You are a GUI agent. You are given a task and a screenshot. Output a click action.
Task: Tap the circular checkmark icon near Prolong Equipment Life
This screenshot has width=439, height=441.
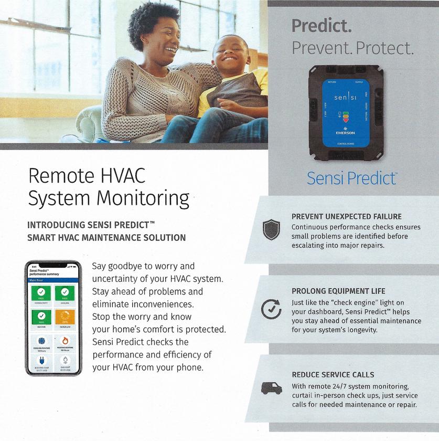tap(271, 309)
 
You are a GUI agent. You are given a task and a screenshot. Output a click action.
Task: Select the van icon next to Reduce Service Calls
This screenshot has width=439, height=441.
tap(271, 389)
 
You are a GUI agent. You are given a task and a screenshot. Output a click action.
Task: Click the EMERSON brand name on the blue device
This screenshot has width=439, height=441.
tap(345, 133)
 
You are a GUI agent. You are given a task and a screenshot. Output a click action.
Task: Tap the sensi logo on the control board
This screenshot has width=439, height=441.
tap(345, 98)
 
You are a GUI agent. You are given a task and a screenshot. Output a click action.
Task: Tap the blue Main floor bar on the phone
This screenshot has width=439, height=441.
tap(53, 280)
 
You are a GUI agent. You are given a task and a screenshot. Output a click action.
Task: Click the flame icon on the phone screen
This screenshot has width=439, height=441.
tap(65, 341)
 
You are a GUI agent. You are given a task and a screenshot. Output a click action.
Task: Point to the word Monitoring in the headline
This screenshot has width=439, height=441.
tap(146, 199)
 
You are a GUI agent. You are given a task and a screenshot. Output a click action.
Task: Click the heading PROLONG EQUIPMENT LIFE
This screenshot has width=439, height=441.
tap(338, 291)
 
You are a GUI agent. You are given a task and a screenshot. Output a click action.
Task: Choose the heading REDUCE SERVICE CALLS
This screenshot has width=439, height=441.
tap(333, 375)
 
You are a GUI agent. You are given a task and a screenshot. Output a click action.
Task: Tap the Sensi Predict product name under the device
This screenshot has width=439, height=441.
tap(351, 178)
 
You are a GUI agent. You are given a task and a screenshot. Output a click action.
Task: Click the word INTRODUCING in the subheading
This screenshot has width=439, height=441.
tap(58, 225)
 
